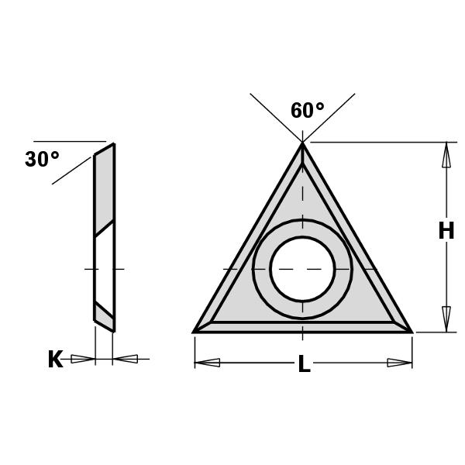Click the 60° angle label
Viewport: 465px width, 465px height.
(x=308, y=111)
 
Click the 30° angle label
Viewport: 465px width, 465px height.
(x=42, y=160)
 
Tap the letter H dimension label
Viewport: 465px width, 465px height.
(x=446, y=231)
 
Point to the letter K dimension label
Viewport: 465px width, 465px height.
(x=55, y=360)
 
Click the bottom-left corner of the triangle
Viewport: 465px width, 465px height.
(x=195, y=331)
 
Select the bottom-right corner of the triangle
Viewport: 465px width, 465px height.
(x=410, y=331)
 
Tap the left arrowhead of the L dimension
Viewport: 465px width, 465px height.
(x=207, y=362)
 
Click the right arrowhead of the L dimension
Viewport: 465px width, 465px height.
(x=398, y=362)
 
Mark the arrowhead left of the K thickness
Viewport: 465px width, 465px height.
(x=81, y=359)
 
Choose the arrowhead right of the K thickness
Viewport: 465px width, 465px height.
(x=126, y=359)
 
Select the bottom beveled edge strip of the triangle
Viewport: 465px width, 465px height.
(x=302, y=327)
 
